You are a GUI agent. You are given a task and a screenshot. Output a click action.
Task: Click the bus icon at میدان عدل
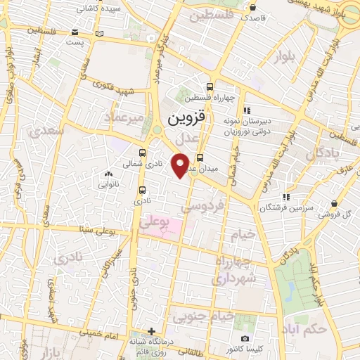[x=200, y=158]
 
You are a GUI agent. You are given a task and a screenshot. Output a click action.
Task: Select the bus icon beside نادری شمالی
[x=143, y=153]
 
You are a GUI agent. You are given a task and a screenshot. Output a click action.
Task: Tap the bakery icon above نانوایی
[x=108, y=174]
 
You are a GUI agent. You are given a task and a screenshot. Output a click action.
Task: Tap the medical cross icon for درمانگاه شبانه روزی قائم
[x=151, y=331]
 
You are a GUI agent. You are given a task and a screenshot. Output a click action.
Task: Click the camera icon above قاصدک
[x=252, y=8]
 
